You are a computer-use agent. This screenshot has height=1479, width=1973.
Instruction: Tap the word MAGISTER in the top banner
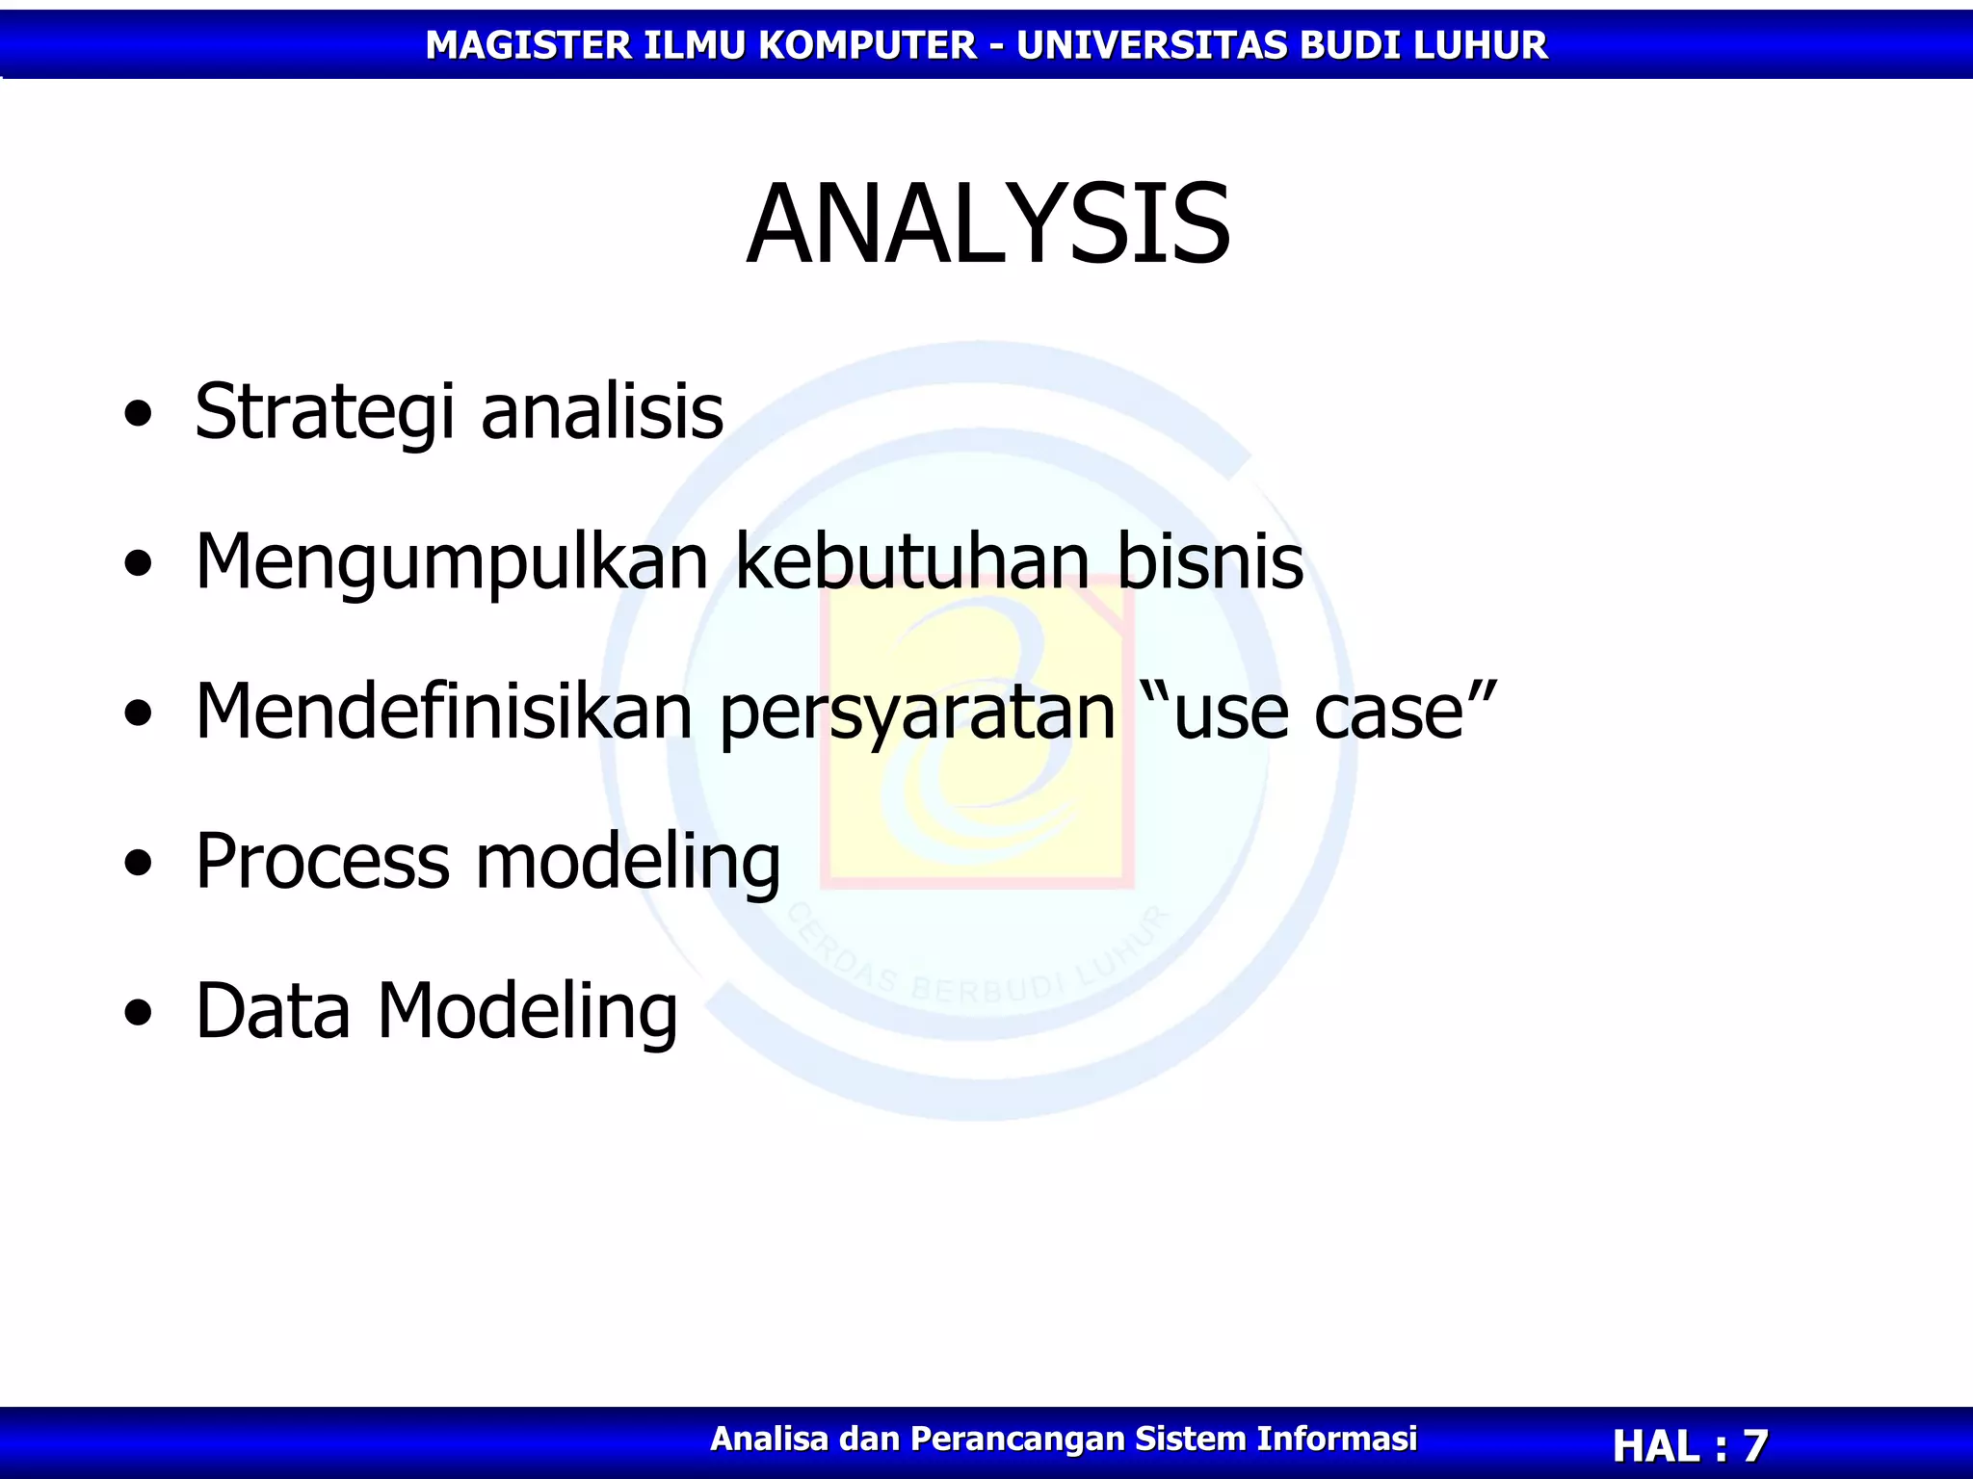coord(528,45)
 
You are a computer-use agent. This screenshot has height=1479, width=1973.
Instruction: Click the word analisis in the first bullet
coord(602,412)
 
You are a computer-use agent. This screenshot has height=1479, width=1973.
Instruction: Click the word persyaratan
coord(917,713)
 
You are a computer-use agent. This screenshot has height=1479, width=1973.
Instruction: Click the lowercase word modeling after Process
coord(628,862)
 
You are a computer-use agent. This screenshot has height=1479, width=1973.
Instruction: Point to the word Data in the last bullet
coord(273,1011)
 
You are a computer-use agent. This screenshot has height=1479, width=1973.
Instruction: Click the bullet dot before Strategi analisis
coord(139,414)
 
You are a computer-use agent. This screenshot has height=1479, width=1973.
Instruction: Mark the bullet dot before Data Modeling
coord(139,1013)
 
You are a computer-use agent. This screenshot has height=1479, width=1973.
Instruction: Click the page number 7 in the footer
coord(1754,1445)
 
